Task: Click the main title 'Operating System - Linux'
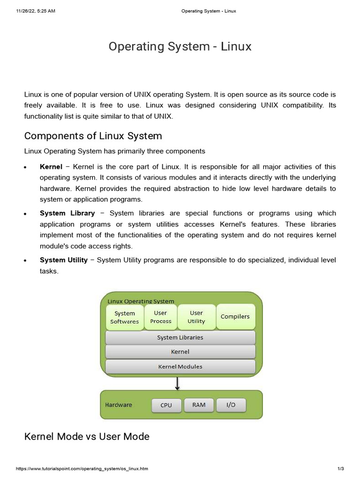point(180,47)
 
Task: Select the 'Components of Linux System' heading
point(93,136)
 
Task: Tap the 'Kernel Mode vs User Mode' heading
point(87,436)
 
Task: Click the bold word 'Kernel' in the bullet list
point(51,167)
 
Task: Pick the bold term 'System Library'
point(67,213)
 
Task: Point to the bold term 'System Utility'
point(64,260)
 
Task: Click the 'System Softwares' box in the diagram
point(125,317)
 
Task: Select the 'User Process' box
point(161,317)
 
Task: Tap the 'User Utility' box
point(196,317)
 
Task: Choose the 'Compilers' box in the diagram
point(235,316)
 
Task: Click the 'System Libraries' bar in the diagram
point(180,337)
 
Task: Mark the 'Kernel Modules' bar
point(180,367)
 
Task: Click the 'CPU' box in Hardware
point(166,405)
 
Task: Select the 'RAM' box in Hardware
point(199,405)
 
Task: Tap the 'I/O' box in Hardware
point(231,405)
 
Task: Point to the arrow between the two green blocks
point(178,383)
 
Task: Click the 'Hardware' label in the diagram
point(119,405)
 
